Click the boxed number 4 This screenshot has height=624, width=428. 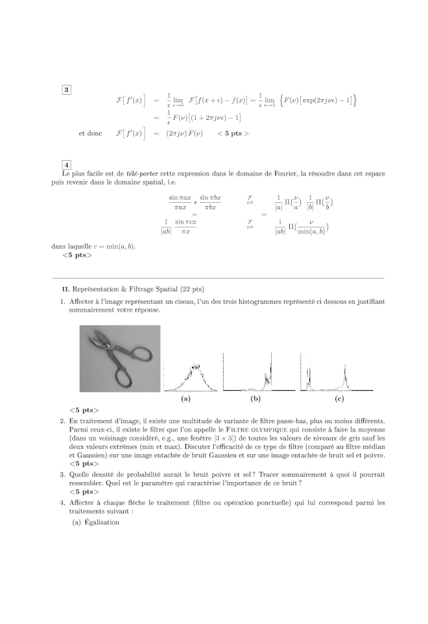tap(67, 165)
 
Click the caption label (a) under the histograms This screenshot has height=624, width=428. tap(185, 400)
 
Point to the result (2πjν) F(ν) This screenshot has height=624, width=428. tap(181, 133)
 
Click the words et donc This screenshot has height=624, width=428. tap(90, 133)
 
